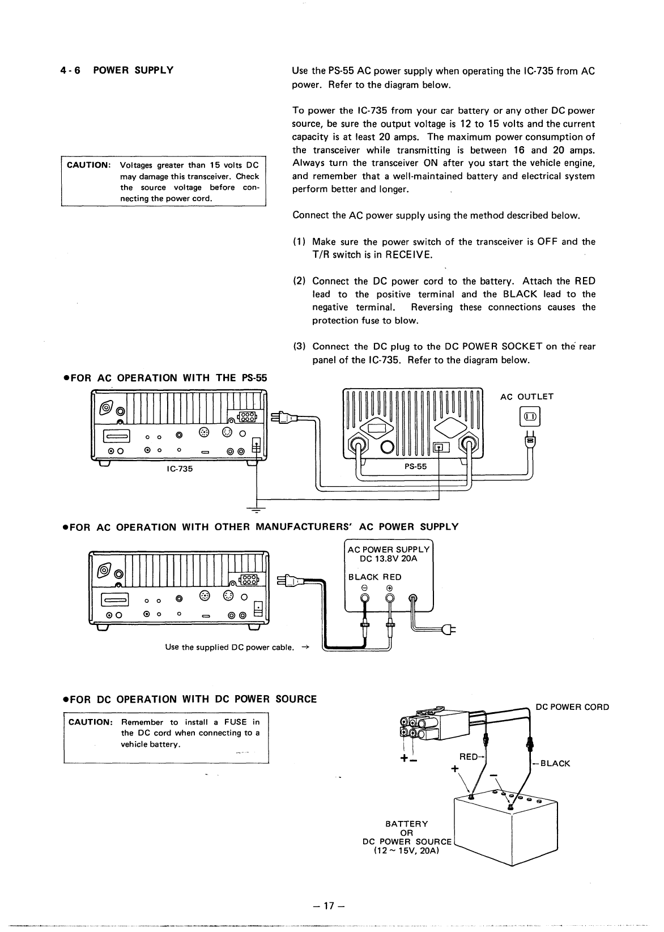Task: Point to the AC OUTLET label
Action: (x=526, y=397)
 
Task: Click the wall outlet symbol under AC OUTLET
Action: (x=531, y=418)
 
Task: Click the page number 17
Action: (x=332, y=905)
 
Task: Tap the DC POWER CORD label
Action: (x=572, y=707)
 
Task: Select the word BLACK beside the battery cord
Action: (x=555, y=763)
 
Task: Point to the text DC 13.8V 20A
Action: (x=388, y=559)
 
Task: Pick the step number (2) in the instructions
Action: (x=299, y=281)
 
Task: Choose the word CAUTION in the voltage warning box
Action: (x=88, y=165)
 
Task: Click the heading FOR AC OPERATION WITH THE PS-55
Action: (x=165, y=378)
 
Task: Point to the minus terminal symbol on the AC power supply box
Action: (x=365, y=588)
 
